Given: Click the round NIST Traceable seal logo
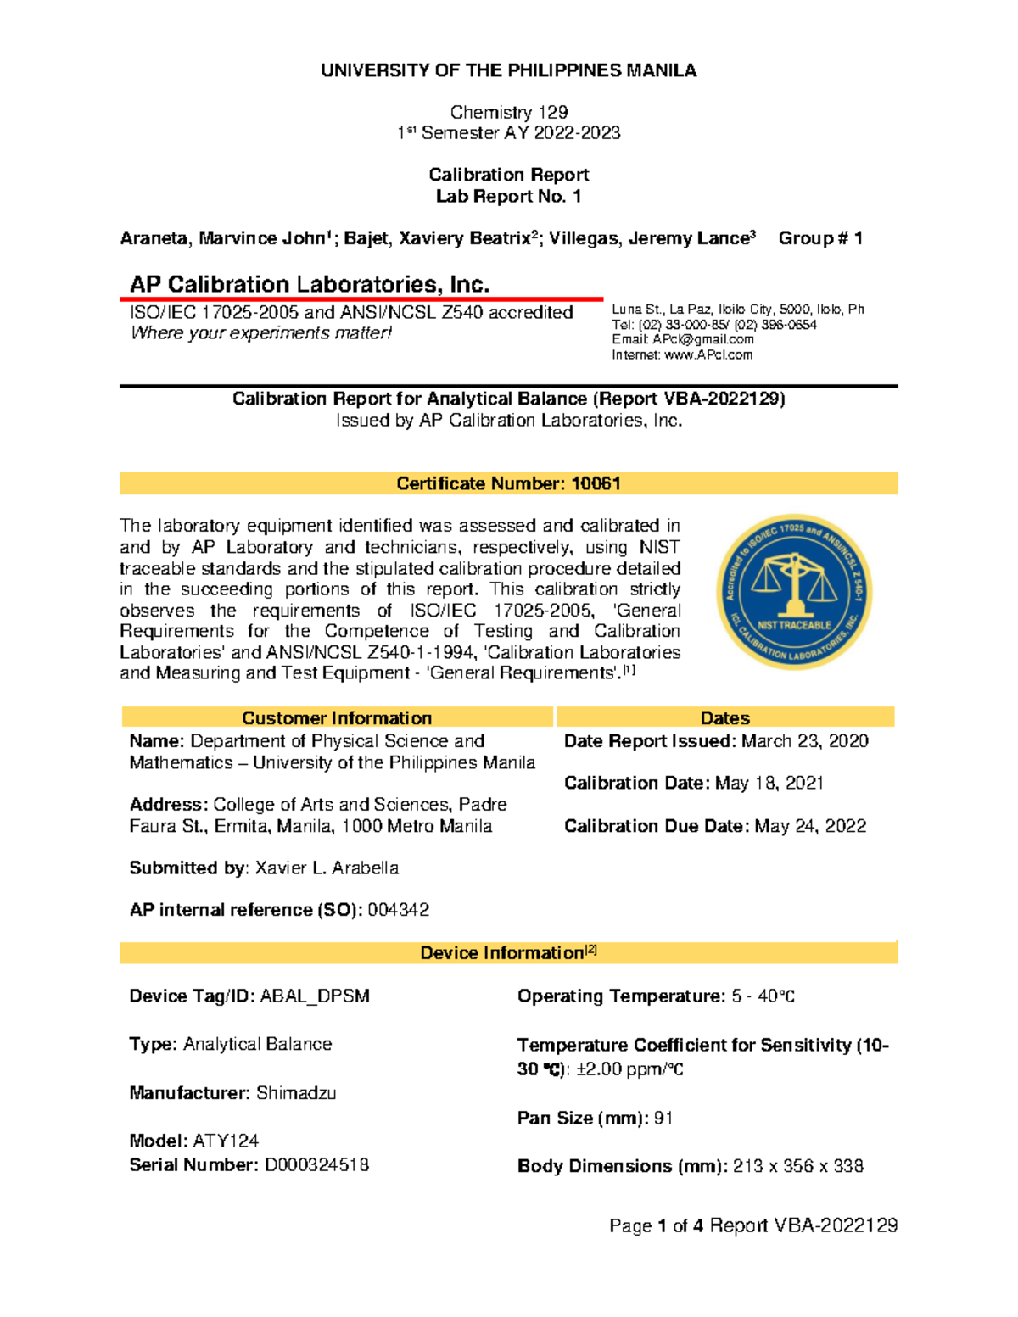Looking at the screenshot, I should click(x=794, y=591).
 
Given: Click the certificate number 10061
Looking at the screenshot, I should click(x=596, y=483).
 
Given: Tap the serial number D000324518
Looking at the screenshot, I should click(x=316, y=1165).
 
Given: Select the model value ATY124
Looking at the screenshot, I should click(x=226, y=1141).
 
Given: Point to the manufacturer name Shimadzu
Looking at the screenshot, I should click(x=296, y=1093).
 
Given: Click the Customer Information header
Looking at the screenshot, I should click(x=337, y=717).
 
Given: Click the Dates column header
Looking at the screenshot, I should click(x=724, y=717).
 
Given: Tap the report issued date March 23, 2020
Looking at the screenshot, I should click(x=804, y=741).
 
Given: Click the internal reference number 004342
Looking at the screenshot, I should click(x=398, y=910).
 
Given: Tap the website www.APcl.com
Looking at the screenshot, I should click(x=708, y=354).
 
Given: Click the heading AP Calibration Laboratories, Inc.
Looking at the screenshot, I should click(x=310, y=284).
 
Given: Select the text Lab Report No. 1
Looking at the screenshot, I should click(x=508, y=196).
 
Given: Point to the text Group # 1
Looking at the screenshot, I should click(x=820, y=238).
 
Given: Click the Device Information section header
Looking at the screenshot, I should click(x=508, y=952).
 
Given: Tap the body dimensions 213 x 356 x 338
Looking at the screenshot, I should click(x=797, y=1166).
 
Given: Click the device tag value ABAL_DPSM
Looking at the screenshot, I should click(x=315, y=996).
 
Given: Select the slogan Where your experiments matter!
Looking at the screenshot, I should click(x=261, y=333).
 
